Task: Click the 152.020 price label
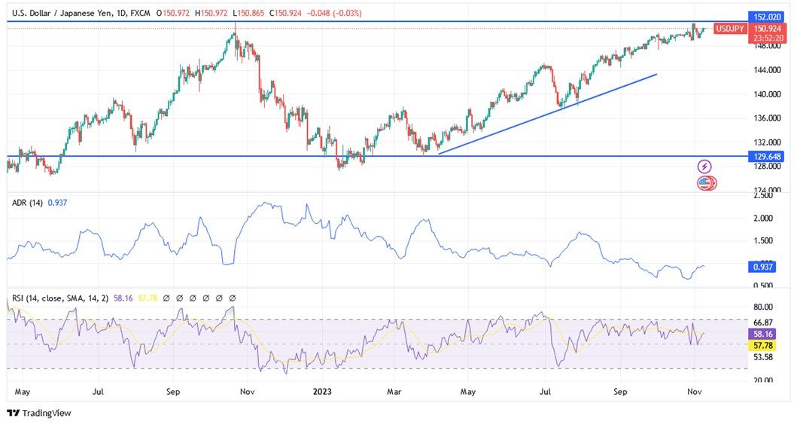768,17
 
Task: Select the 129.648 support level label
768,156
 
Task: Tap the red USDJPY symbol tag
730,29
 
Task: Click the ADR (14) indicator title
27,202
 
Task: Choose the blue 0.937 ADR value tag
765,266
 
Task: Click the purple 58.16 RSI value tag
765,333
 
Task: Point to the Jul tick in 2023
546,392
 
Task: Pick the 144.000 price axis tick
768,70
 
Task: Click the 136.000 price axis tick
768,118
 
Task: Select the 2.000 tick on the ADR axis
764,219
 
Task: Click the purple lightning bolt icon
704,167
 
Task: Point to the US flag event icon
705,182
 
